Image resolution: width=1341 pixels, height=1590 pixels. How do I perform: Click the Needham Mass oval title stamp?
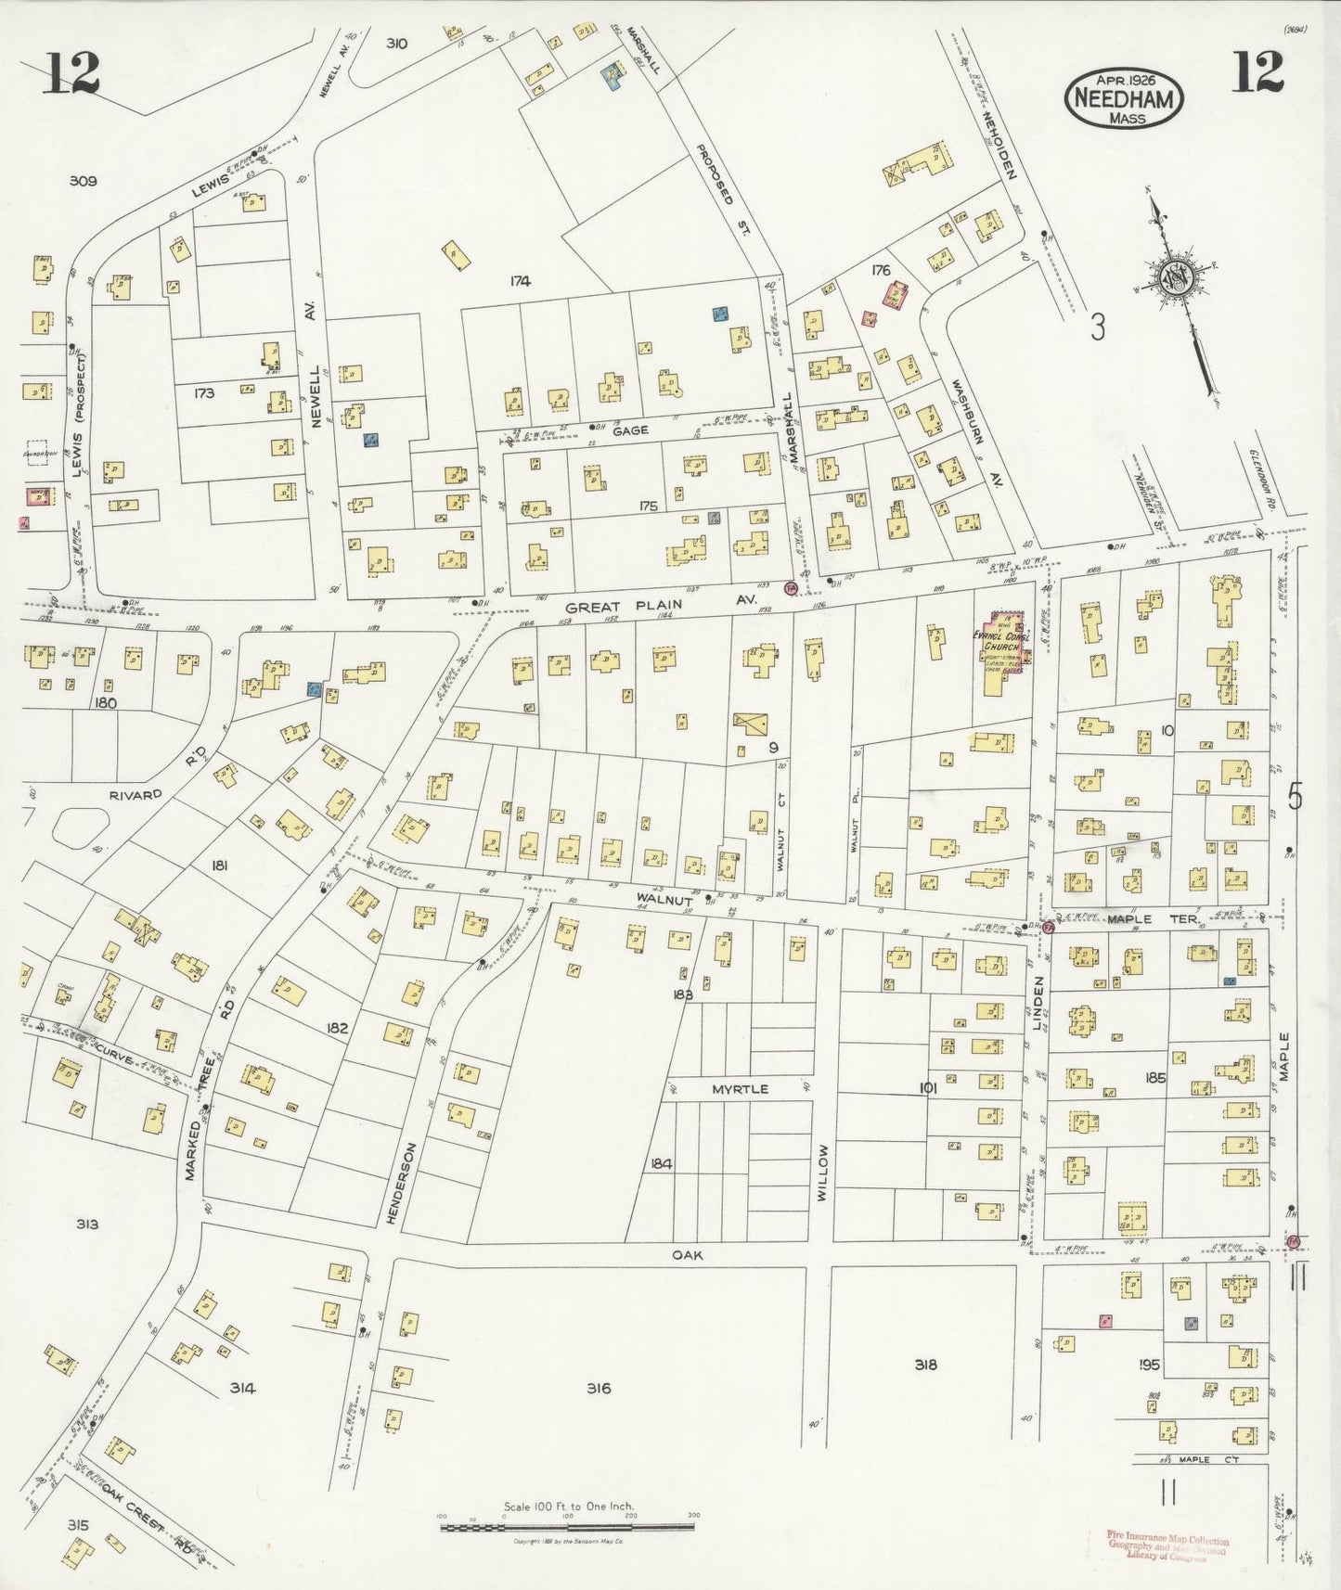coord(1125,96)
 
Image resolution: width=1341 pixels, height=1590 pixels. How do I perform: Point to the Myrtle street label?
coord(740,1088)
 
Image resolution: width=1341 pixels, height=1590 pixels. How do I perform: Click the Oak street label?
coord(689,1255)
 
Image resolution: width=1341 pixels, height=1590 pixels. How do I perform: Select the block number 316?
coord(599,1388)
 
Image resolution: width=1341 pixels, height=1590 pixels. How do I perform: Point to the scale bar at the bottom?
coord(569,1525)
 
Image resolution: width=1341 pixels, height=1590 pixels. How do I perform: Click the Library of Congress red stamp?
coord(1167,1547)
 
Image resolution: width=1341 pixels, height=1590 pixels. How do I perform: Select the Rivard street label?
coord(135,795)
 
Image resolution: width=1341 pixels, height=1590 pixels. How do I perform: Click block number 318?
coord(924,1364)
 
